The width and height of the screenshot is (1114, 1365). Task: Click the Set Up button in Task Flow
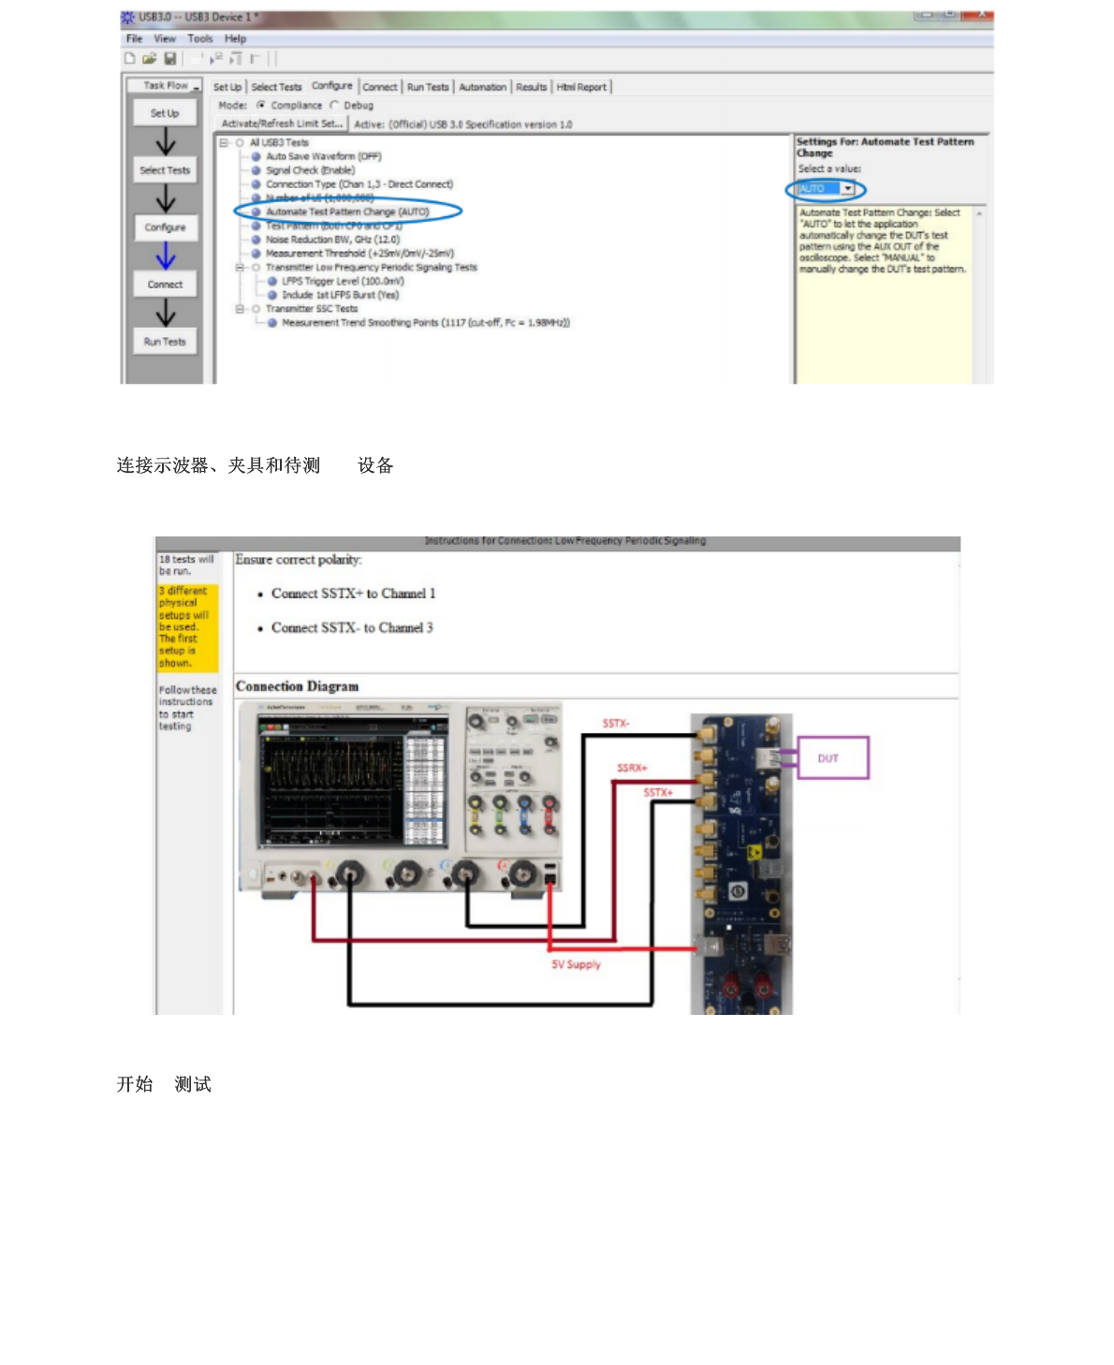pos(165,113)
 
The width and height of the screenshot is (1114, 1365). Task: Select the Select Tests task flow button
pos(165,170)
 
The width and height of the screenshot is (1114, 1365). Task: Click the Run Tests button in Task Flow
pos(165,342)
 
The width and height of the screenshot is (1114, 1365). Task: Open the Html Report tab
pos(581,87)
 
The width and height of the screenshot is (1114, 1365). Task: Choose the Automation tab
pos(482,87)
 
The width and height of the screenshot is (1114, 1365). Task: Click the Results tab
pos(531,87)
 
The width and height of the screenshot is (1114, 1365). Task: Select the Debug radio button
pos(335,106)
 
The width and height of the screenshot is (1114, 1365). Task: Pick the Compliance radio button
pos(261,106)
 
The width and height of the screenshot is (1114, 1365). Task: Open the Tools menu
pos(200,38)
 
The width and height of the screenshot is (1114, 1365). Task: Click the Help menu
pos(235,38)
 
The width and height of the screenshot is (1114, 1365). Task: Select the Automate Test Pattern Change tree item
pos(346,212)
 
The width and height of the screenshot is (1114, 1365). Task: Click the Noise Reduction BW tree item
pos(332,240)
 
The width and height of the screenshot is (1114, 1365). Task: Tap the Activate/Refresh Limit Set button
pos(282,124)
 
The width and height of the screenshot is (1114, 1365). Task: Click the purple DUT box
pos(832,758)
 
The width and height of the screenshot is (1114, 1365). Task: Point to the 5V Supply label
pos(576,964)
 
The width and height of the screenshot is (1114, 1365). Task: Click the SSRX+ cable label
pos(632,768)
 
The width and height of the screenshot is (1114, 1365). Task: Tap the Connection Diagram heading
pos(297,686)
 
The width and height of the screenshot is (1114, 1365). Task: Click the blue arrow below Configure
pos(166,256)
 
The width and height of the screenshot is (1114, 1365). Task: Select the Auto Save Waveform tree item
pos(323,156)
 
